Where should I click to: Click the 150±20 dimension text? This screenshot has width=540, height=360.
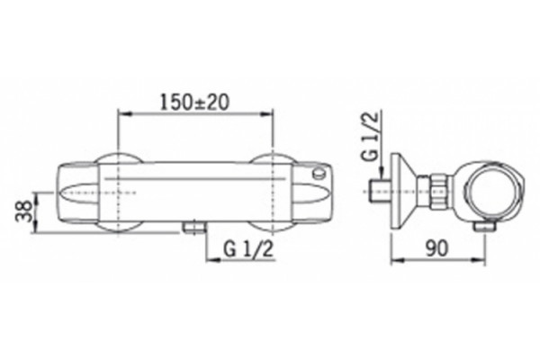(194, 102)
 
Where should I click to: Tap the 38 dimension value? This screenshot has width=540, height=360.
(24, 211)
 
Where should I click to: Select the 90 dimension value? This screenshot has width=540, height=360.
(437, 248)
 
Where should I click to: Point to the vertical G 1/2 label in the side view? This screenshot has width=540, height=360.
(371, 136)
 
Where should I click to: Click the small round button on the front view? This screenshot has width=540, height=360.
(319, 173)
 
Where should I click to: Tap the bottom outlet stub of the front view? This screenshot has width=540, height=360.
(194, 228)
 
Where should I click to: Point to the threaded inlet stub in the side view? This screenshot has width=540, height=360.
(380, 191)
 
